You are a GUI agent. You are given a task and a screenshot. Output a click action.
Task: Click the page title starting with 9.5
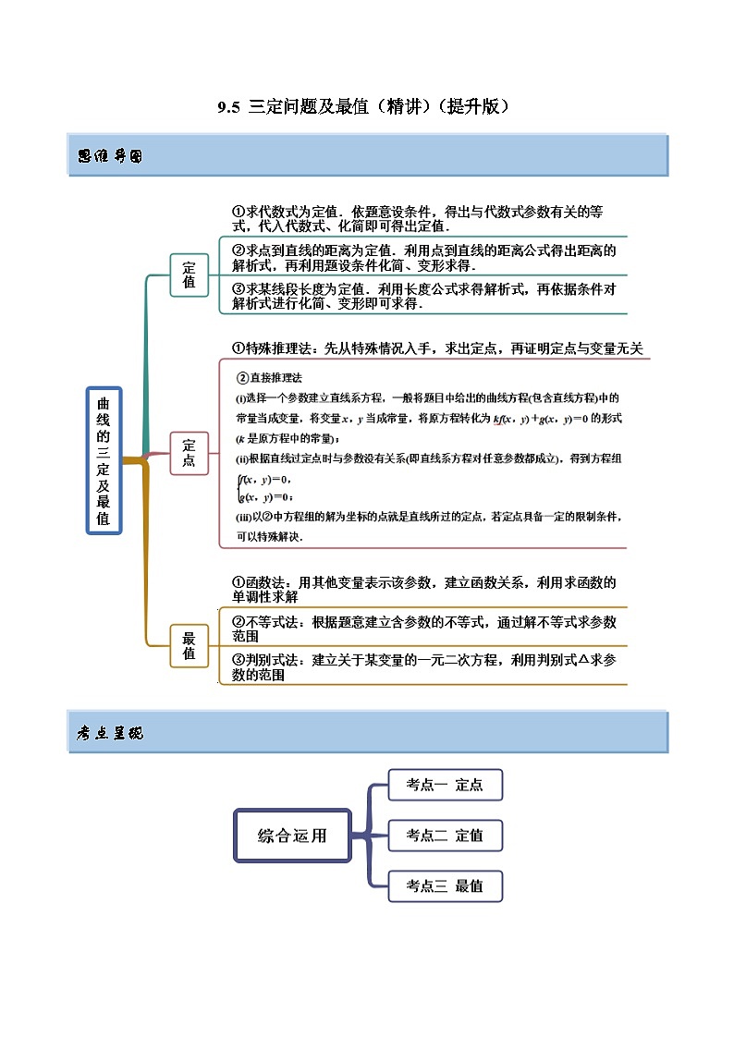364,106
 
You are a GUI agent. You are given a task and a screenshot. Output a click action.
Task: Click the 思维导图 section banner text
110,155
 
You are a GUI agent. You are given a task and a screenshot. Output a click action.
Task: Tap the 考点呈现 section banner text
110,733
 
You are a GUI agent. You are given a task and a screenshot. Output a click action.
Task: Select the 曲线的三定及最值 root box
104,460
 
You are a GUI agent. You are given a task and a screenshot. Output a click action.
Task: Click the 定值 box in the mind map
189,275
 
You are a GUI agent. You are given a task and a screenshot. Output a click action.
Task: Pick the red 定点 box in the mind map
189,453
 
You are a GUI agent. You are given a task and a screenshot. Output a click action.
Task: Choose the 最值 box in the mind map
189,645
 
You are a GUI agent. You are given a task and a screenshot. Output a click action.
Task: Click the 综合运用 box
291,836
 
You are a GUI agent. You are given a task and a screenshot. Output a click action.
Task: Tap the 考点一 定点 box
445,785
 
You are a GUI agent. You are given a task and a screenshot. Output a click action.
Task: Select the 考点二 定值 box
445,836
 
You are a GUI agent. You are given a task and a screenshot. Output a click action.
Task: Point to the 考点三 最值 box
445,885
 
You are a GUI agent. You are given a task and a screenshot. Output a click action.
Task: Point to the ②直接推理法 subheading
270,377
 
